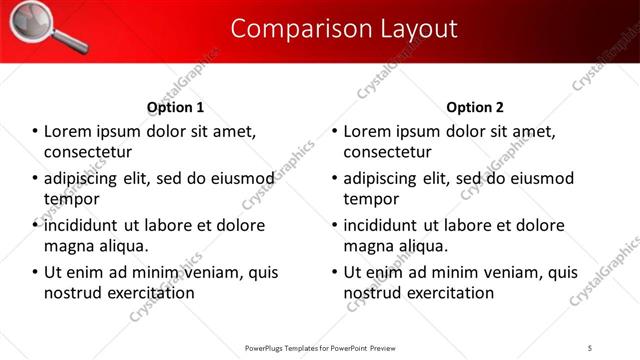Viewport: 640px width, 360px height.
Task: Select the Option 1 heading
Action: pyautogui.click(x=175, y=107)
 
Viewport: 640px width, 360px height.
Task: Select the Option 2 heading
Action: pyautogui.click(x=475, y=107)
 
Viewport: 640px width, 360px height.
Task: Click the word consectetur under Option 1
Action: pyautogui.click(x=89, y=152)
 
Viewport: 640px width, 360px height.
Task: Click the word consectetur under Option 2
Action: pyautogui.click(x=388, y=152)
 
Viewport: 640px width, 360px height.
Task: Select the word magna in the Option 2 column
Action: pyautogui.click(x=367, y=245)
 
